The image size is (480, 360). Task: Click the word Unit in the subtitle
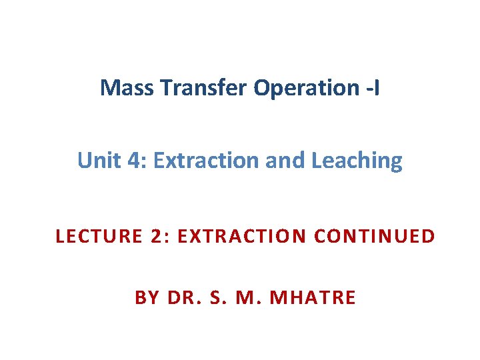tap(94, 161)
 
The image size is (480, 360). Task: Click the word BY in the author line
tap(147, 297)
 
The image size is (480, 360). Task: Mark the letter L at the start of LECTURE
tap(60, 237)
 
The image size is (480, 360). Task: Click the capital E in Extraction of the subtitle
tap(158, 161)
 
